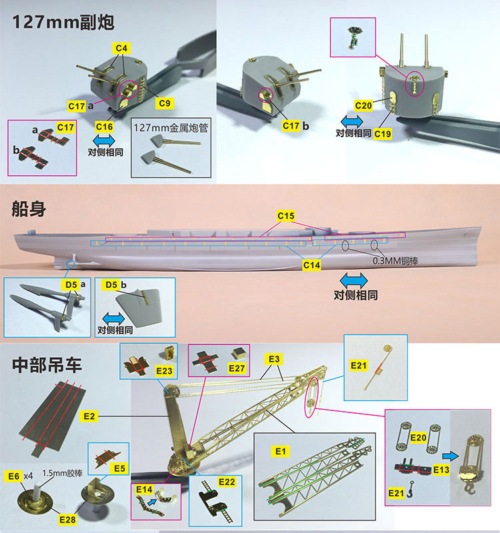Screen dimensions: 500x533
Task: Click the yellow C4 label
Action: (x=121, y=48)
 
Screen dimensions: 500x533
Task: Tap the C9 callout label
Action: (x=165, y=103)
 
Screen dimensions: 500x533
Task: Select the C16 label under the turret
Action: (x=104, y=127)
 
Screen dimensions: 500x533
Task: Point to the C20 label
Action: (x=363, y=106)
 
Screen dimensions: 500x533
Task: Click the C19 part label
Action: (x=383, y=134)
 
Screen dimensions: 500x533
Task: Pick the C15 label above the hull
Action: (x=286, y=216)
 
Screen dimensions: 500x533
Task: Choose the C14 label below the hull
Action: (x=311, y=265)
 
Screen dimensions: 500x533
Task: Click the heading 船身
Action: (x=29, y=209)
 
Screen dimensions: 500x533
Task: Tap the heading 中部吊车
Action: (x=47, y=364)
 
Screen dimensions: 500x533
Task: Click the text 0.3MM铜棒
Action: (x=395, y=261)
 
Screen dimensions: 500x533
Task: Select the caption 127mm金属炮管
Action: (x=171, y=128)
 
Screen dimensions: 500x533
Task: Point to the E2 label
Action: (x=89, y=416)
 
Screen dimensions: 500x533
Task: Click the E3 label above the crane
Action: (x=274, y=359)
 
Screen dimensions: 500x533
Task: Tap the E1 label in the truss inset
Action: (x=281, y=452)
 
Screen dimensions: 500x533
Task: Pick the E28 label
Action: (x=67, y=520)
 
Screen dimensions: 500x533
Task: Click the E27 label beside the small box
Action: (x=237, y=368)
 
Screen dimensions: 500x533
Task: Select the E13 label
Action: (x=441, y=470)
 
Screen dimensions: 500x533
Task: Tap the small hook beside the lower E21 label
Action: (x=410, y=489)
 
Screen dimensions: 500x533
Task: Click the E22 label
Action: (x=227, y=482)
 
